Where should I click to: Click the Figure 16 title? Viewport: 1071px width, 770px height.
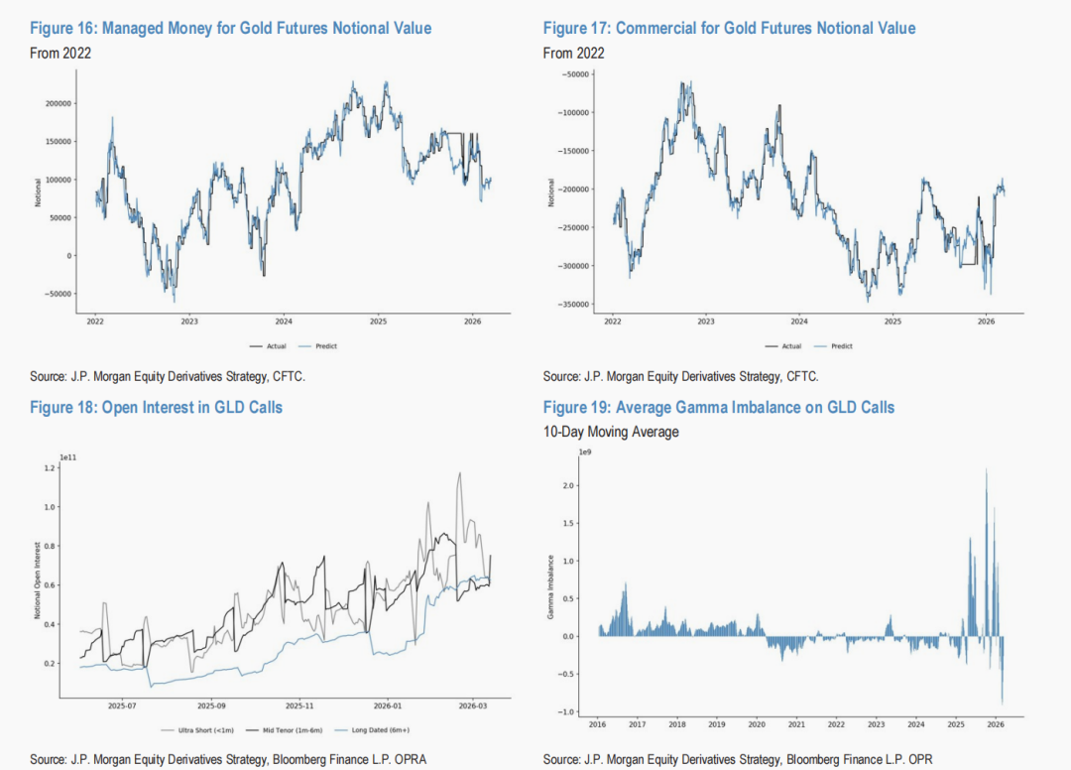(230, 28)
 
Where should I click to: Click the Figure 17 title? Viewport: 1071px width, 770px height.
(729, 28)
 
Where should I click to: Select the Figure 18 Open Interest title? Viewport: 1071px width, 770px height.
(156, 407)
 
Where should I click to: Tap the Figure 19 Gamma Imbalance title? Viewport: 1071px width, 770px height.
(718, 407)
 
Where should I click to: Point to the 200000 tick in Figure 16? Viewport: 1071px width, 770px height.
(58, 103)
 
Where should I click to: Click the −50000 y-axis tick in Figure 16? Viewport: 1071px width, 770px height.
(58, 294)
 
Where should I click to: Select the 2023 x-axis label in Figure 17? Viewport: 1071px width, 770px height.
(705, 321)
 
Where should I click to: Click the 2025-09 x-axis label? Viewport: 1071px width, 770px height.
(210, 706)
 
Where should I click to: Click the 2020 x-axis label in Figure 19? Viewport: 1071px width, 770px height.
(757, 723)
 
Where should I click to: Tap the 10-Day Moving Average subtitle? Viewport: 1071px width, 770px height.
(611, 432)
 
